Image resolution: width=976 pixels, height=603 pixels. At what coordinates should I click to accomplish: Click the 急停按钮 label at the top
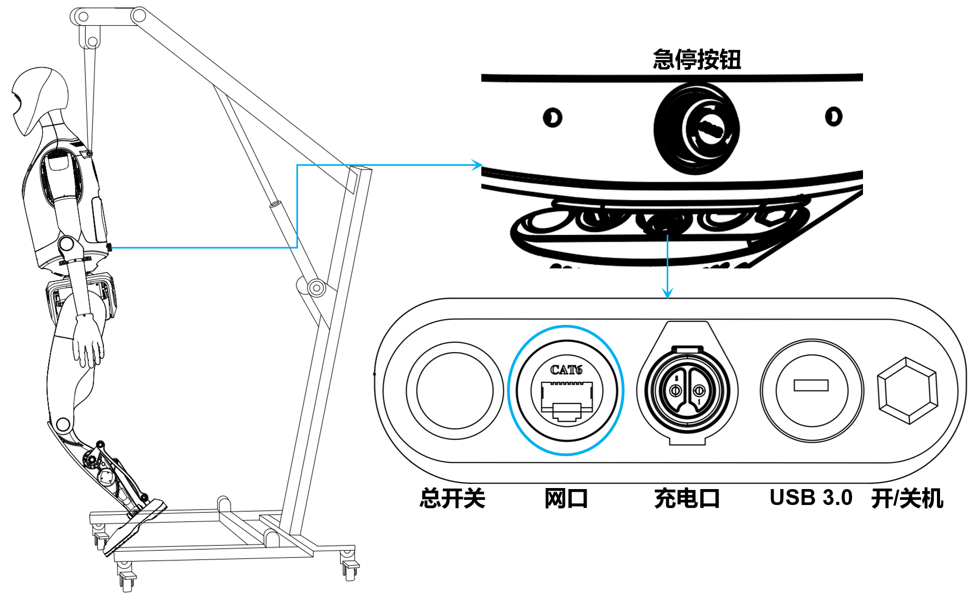point(697,60)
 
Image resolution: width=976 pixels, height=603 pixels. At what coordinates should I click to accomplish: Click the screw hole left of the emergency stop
point(552,118)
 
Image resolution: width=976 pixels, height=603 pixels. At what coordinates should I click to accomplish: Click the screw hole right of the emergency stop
point(833,116)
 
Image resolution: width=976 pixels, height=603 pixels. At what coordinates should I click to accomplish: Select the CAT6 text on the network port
point(566,370)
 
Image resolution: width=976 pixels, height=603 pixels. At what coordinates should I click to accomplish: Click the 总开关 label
point(452,498)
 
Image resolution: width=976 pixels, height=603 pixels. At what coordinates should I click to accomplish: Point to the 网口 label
point(566,498)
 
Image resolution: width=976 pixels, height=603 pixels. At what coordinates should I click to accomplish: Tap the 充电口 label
point(687,498)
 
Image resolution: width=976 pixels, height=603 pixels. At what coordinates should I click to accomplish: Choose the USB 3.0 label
point(811,498)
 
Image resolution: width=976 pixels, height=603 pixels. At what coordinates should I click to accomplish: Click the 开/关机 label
point(907,498)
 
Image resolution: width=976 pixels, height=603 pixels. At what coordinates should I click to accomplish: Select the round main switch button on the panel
point(455,391)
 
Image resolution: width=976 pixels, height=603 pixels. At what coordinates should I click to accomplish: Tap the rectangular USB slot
point(811,385)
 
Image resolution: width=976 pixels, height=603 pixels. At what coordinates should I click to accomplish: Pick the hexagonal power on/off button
point(908,391)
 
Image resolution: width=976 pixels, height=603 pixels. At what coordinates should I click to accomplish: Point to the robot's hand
point(88,341)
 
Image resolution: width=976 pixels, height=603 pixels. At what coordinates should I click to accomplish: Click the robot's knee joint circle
point(63,424)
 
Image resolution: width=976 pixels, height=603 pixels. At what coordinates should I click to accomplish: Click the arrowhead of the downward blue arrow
point(667,294)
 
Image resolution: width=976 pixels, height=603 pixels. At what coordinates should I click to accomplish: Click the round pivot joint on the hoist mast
point(316,288)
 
